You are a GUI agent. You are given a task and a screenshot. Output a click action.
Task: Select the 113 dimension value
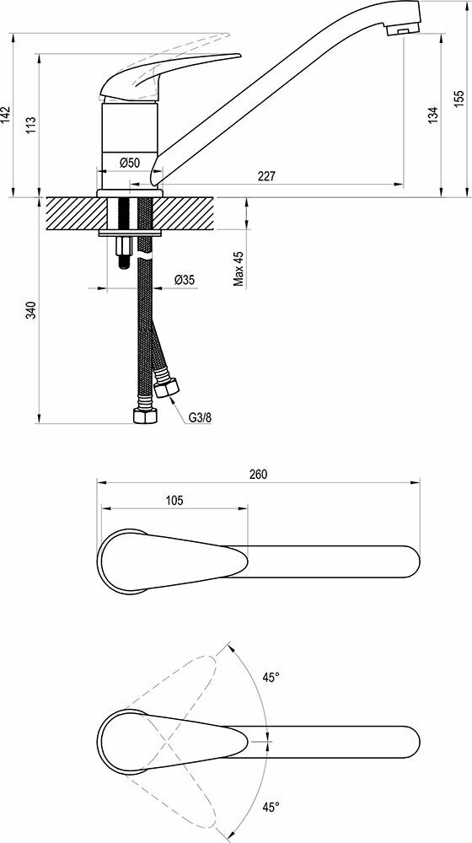click(31, 125)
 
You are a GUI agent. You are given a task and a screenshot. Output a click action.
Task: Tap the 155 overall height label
click(458, 99)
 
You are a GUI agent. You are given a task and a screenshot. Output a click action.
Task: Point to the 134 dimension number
click(433, 115)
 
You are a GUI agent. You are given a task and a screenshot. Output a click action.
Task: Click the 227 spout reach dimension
click(266, 176)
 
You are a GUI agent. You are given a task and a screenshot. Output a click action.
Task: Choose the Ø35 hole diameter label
click(185, 280)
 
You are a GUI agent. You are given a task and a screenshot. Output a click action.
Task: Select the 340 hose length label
click(31, 311)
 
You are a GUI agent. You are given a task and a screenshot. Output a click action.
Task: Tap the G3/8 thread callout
click(200, 417)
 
